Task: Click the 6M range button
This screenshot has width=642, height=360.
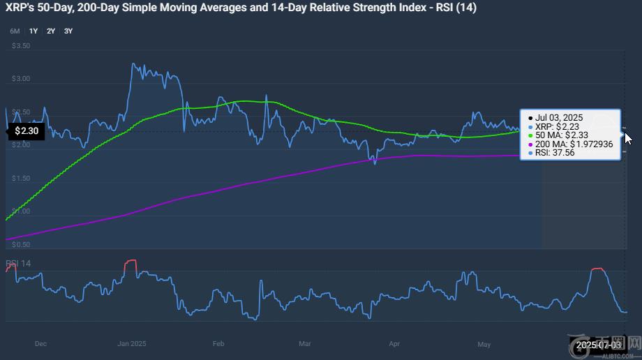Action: (15, 31)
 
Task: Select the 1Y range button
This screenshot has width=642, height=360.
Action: (33, 31)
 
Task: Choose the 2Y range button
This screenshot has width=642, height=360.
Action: (51, 31)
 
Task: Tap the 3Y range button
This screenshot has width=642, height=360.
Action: (68, 31)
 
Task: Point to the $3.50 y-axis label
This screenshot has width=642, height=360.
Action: (21, 46)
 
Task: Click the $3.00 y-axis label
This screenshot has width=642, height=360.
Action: (21, 79)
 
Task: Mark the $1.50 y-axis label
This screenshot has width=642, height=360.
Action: (21, 179)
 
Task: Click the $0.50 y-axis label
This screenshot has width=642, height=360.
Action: (21, 245)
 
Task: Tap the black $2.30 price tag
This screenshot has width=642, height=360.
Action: (26, 130)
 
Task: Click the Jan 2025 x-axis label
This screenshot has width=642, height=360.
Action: (131, 344)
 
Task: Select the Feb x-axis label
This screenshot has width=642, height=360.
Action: (218, 344)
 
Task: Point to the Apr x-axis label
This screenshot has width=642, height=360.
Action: (394, 344)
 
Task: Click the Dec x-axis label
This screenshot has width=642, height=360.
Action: (40, 344)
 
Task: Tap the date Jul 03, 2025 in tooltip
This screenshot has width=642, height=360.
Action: (559, 117)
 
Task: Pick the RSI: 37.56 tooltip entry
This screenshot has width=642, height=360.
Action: (555, 153)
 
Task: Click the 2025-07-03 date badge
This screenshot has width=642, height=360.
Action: (599, 345)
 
